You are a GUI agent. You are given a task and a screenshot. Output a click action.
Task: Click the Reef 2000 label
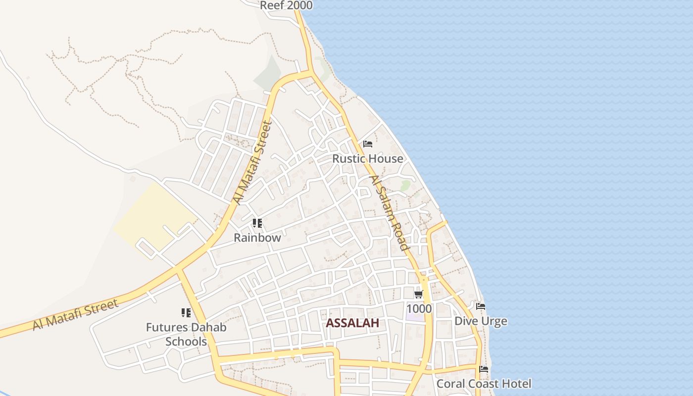[x=286, y=5]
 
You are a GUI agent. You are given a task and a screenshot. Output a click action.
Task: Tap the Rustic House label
[x=367, y=159]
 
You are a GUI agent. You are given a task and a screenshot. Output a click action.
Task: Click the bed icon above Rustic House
[x=367, y=144]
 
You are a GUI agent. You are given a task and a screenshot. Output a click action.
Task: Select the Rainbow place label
[x=257, y=238]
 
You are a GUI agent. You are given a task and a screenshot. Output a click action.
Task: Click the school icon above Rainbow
[x=257, y=223]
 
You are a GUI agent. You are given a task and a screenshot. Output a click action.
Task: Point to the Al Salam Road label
[x=390, y=213]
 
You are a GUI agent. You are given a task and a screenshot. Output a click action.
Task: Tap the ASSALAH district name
[x=352, y=323]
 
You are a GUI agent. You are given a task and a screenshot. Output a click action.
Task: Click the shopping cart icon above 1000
[x=418, y=295]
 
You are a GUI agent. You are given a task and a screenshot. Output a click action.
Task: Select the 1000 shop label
[x=419, y=309]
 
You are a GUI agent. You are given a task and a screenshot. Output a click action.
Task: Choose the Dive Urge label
[x=481, y=321]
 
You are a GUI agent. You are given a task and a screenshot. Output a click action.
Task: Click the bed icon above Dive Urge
[x=481, y=306]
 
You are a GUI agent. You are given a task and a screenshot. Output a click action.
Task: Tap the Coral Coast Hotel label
[x=484, y=384]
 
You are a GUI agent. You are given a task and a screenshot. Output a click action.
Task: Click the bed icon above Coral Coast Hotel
[x=484, y=369]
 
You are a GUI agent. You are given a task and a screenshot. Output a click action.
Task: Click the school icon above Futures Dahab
[x=186, y=313]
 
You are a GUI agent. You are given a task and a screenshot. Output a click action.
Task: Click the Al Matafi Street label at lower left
[x=76, y=314]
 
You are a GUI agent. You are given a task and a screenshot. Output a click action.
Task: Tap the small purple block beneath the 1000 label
[x=415, y=317]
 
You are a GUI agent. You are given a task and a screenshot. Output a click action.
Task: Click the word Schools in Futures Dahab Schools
[x=186, y=342]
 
